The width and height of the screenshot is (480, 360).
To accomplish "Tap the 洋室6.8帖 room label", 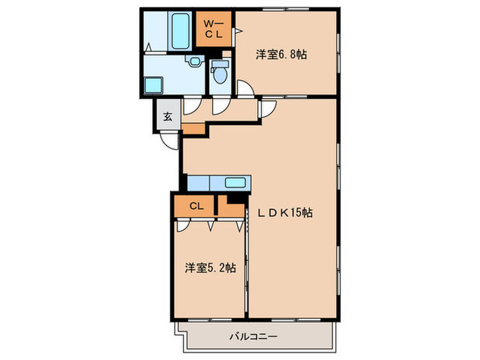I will click(x=281, y=54).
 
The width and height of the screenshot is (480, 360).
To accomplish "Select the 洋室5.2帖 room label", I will click(x=210, y=268).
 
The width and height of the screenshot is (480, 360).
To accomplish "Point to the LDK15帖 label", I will click(x=287, y=213).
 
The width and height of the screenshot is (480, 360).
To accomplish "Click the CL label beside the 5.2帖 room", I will click(x=196, y=205).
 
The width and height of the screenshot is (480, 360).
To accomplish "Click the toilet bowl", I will click(x=219, y=76).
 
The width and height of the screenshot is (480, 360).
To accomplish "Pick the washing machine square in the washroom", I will click(x=152, y=86).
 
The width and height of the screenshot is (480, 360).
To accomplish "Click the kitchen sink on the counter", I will click(x=236, y=182).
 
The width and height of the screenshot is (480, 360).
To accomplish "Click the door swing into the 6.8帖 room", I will click(x=244, y=87).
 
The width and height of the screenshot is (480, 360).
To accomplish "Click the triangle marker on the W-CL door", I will click(x=238, y=31).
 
